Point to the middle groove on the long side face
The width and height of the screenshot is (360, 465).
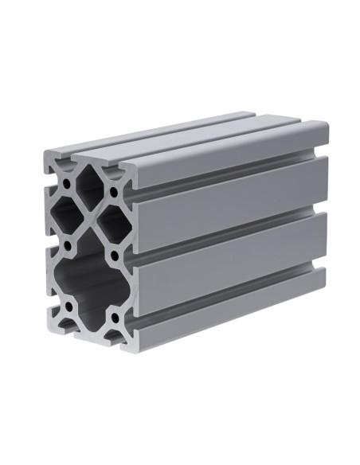[x=231, y=239]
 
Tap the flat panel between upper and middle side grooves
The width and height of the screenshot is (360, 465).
[x=231, y=209]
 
